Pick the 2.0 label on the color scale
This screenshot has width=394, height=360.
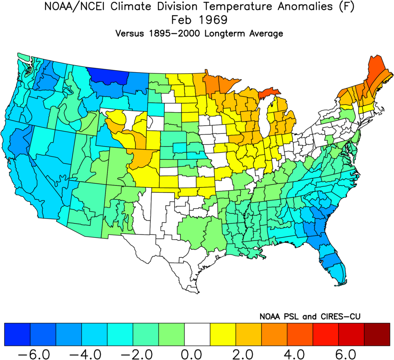pos(248,352)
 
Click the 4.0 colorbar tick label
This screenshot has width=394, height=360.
pos(299,352)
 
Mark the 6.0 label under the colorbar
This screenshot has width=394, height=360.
pos(351,352)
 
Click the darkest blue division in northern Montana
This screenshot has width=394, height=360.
pos(108,75)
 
